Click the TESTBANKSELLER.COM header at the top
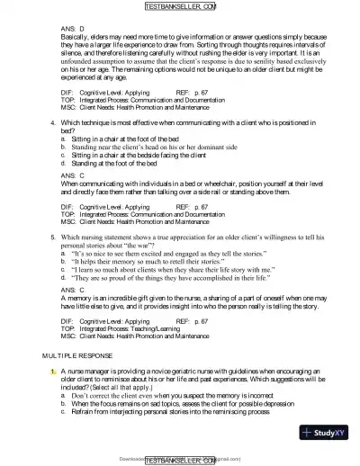pyautogui.click(x=180, y=7)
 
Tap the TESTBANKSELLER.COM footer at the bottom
pyautogui.click(x=180, y=459)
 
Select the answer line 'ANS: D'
pyautogui.click(x=74, y=29)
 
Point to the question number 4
pyautogui.click(x=53, y=121)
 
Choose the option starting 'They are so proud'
pyautogui.click(x=179, y=279)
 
